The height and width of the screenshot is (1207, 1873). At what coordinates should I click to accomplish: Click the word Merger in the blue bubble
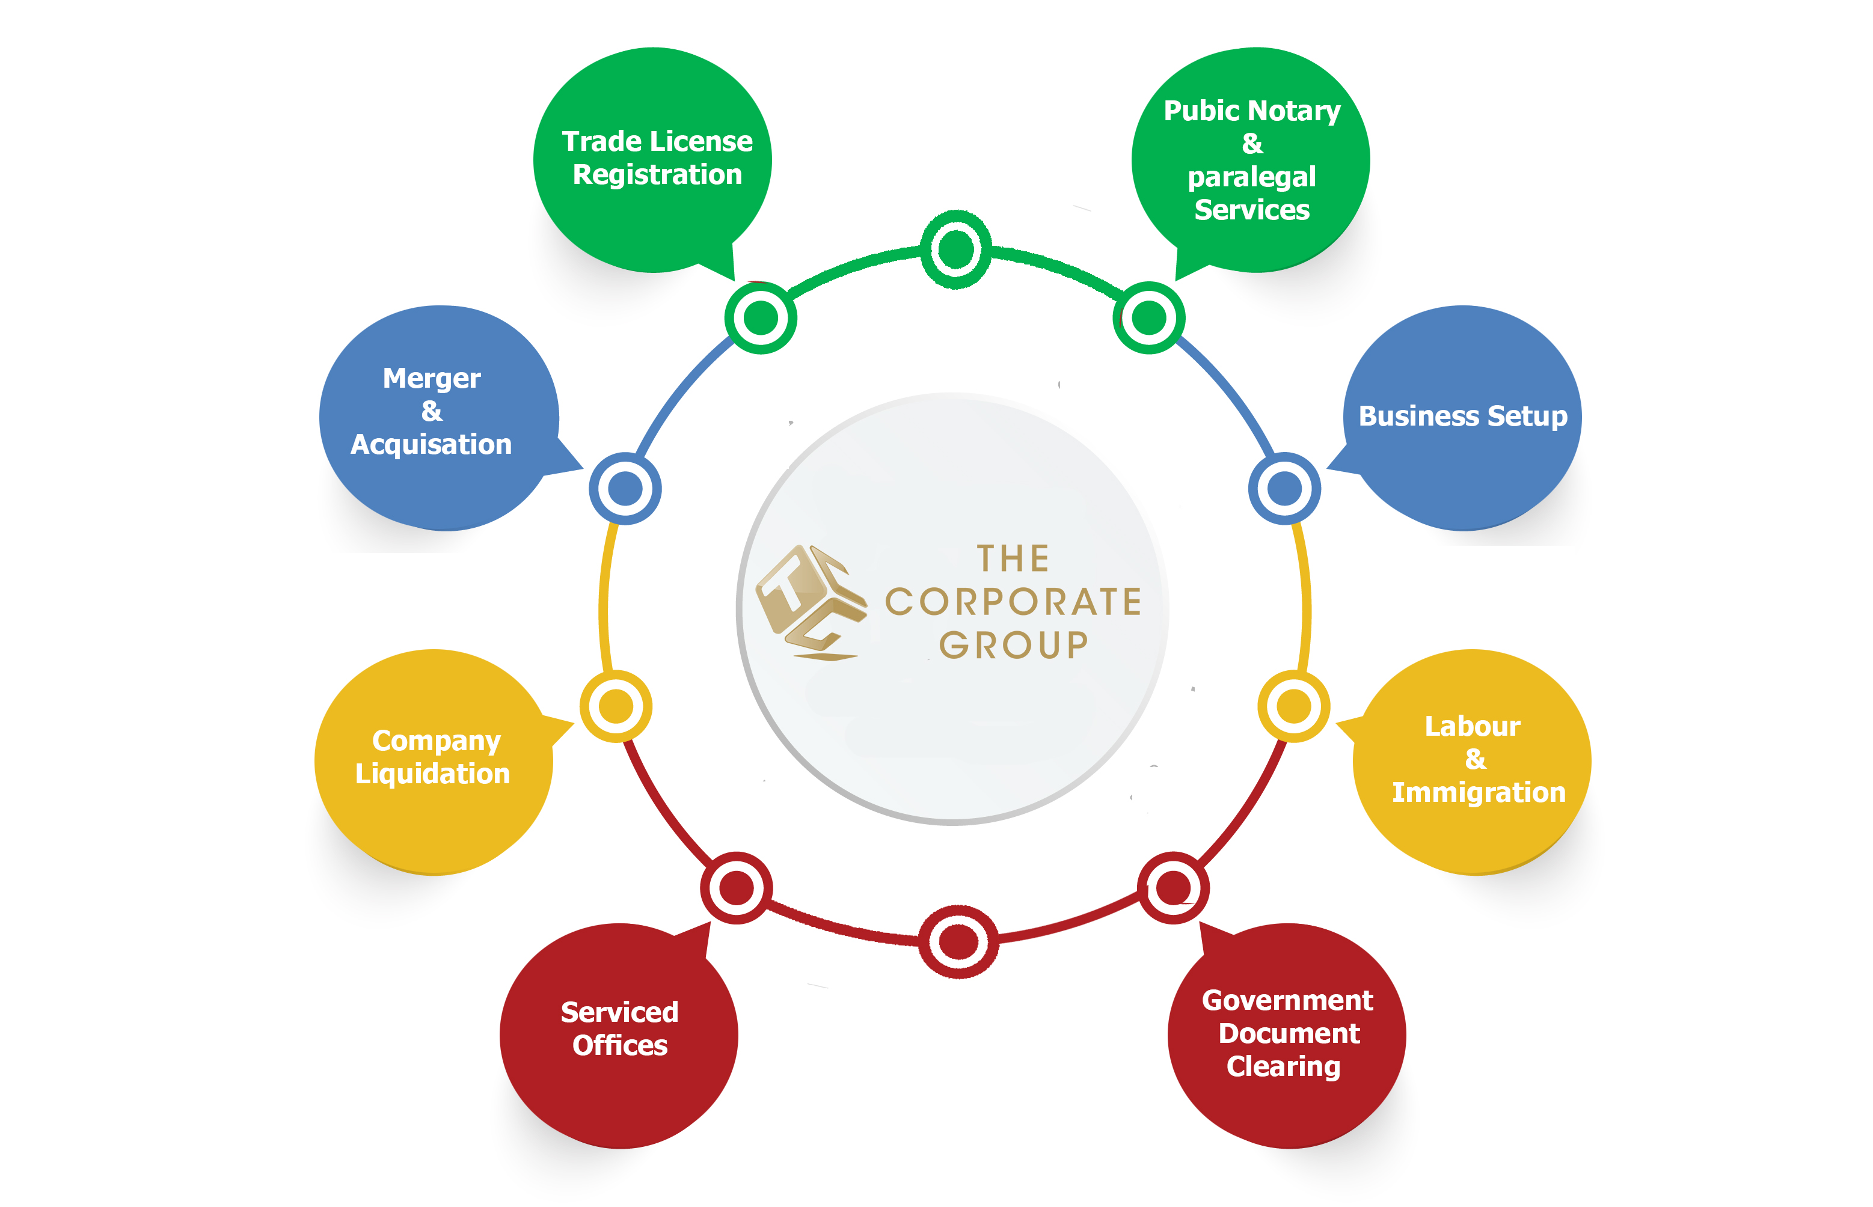click(x=431, y=379)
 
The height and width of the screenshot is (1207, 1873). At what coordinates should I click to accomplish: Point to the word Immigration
click(x=1478, y=792)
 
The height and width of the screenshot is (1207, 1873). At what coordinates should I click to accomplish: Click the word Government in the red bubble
click(x=1287, y=1001)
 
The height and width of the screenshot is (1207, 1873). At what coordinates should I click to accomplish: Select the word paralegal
click(x=1251, y=177)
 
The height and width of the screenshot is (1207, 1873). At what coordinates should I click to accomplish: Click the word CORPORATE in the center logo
click(x=1013, y=602)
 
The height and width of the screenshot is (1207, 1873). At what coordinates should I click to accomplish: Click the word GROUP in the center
click(x=1013, y=645)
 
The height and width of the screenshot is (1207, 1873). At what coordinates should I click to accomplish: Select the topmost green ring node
click(x=955, y=249)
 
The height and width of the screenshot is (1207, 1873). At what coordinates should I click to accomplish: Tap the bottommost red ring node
click(x=957, y=941)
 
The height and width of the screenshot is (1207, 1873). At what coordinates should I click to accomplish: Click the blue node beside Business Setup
click(x=1284, y=488)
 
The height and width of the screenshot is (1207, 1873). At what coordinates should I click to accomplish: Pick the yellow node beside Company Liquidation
click(x=616, y=706)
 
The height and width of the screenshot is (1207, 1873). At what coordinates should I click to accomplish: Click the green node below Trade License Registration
click(x=761, y=317)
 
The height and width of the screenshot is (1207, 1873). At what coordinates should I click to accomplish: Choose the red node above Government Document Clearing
click(x=1173, y=888)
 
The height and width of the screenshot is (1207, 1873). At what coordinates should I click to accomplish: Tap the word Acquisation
click(x=431, y=444)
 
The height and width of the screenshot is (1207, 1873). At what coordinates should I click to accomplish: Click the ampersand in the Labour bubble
click(x=1475, y=759)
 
